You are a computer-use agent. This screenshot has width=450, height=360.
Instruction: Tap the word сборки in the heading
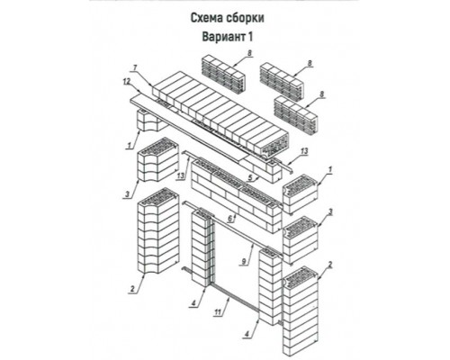coord(247,18)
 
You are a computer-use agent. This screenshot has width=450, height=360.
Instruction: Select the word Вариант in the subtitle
coord(223,37)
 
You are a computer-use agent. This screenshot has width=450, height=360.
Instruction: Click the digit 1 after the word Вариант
coord(250,37)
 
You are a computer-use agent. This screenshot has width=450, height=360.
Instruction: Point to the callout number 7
coord(135,68)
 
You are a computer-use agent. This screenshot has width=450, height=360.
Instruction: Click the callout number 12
coord(127,81)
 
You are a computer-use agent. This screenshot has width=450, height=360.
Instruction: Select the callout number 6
coord(230,219)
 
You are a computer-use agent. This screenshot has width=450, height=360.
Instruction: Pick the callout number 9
coord(244,261)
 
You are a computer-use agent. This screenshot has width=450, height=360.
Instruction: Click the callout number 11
coord(218,312)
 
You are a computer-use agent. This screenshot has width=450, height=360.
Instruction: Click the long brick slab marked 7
coord(220,114)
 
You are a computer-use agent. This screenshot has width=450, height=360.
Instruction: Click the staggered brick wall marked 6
coord(237,195)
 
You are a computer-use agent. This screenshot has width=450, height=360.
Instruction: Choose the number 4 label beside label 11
coord(193,303)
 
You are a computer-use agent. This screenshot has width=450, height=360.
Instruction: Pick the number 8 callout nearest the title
coord(249,53)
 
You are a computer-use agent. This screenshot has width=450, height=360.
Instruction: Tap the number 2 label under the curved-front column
coord(132,289)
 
